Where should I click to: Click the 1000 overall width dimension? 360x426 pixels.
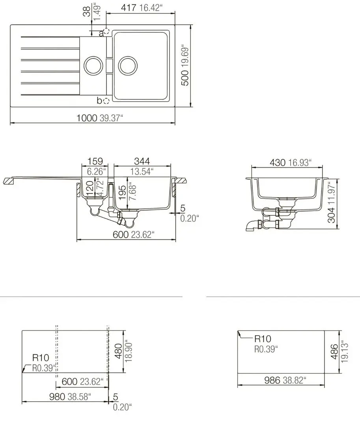pos(87,118)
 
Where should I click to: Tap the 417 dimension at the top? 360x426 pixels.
pos(129,7)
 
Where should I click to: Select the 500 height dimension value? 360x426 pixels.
pos(185,78)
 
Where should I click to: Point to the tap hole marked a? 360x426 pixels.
pos(106,31)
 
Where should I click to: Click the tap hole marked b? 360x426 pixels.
pos(106,101)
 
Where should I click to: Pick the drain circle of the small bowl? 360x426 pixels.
pos(93,66)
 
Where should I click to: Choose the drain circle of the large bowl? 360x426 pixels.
pos(128,66)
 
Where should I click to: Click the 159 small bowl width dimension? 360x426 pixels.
pos(95,161)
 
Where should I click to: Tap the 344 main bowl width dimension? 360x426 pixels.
pos(142,161)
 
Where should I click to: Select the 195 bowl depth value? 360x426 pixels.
pos(123,192)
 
